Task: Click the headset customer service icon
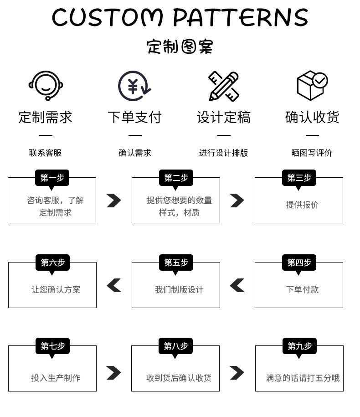[46, 85]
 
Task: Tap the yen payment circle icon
[134, 86]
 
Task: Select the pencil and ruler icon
[224, 86]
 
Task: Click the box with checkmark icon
[312, 85]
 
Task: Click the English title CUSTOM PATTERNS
[180, 18]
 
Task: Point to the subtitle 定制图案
[180, 46]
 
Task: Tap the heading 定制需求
[46, 117]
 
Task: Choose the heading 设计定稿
[224, 117]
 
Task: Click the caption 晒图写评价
[312, 153]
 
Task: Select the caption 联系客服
[46, 153]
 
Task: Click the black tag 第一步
[51, 178]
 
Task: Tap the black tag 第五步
[176, 263]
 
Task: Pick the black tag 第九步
[299, 346]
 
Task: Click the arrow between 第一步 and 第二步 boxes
[114, 201]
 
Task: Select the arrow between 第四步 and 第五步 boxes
[237, 286]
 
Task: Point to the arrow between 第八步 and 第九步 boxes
[237, 373]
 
